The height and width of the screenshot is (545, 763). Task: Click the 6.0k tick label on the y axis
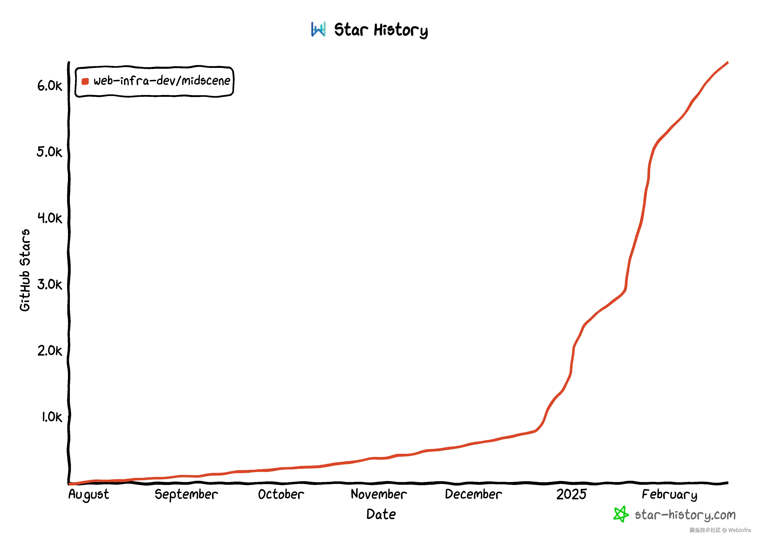click(x=50, y=86)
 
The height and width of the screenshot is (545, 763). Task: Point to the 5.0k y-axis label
click(x=49, y=152)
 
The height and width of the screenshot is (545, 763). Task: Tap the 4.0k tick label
click(x=50, y=218)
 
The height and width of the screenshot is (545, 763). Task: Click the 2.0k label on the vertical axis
click(x=50, y=351)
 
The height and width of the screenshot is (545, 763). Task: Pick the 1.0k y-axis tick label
click(x=52, y=417)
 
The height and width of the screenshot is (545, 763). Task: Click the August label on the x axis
click(x=89, y=495)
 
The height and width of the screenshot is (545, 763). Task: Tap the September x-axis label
click(x=186, y=495)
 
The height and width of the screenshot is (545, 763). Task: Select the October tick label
click(x=281, y=494)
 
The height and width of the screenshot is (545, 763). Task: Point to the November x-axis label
click(x=379, y=494)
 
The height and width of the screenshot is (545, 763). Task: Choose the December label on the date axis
click(x=473, y=494)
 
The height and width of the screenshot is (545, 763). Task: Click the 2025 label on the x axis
click(x=571, y=494)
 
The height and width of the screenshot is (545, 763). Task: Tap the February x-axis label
click(x=669, y=495)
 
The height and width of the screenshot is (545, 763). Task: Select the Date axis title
click(x=381, y=514)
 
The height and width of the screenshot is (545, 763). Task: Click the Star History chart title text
click(x=381, y=30)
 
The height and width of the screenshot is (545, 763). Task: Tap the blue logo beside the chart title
click(x=318, y=30)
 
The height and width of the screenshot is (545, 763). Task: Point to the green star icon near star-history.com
click(x=621, y=514)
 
